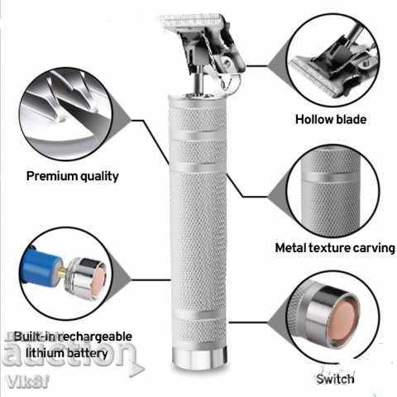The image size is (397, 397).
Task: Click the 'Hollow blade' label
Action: click(x=332, y=118)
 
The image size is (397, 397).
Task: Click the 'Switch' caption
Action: click(x=334, y=379)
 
